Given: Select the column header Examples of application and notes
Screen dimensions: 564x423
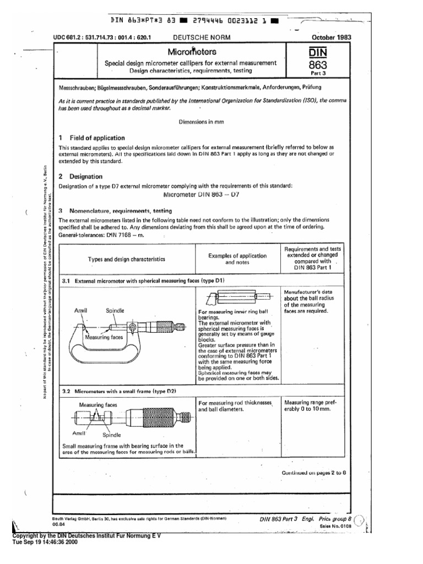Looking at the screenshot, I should pyautogui.click(x=237, y=259).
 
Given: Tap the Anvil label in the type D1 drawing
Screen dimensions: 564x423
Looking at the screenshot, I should pyautogui.click(x=81, y=311).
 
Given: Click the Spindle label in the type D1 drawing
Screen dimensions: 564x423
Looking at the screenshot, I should pyautogui.click(x=115, y=311).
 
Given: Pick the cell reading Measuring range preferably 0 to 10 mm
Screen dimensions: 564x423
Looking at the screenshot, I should pyautogui.click(x=309, y=408).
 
